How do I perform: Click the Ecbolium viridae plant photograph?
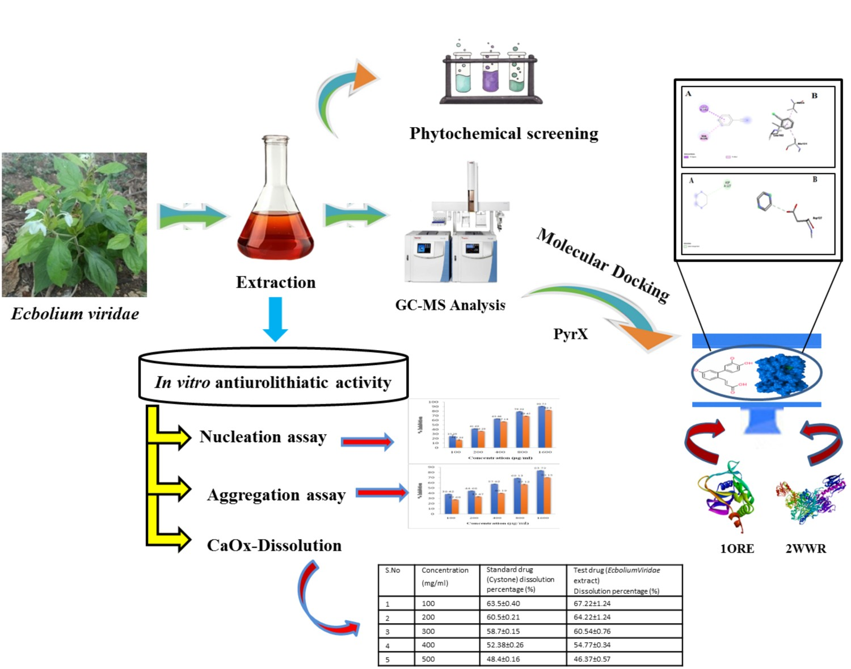pos(74,225)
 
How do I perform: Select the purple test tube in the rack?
pos(490,74)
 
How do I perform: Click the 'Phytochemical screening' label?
pos(504,134)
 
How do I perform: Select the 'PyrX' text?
pos(571,334)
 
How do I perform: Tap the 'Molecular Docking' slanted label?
pos(603,265)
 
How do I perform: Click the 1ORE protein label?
pos(737,549)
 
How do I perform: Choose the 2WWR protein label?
pos(806,549)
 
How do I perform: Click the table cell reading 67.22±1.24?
pos(592,604)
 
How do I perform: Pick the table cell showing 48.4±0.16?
pos(503,659)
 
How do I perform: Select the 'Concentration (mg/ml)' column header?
pos(445,577)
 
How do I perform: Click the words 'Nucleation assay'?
pos(263,437)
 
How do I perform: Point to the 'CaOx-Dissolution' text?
pos(274,546)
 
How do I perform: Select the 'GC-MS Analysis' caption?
pos(450,305)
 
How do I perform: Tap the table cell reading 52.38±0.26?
pos(505,645)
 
